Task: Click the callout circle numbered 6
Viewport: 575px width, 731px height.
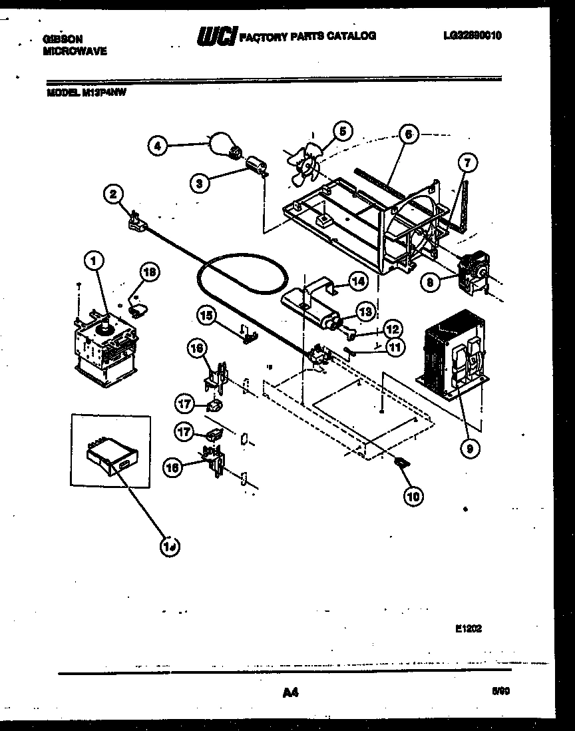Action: tap(409, 134)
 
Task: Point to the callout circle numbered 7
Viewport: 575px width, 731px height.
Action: tap(466, 162)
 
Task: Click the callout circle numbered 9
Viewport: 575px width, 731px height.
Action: tap(469, 449)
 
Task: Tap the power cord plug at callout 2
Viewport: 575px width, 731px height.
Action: tap(135, 222)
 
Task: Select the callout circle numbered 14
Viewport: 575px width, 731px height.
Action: tap(358, 281)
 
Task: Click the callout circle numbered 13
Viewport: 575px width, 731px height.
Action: tap(365, 312)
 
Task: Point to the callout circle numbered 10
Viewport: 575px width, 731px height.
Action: tap(413, 494)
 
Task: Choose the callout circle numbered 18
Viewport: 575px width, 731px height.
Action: tap(150, 271)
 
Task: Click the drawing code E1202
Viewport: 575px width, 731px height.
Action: tap(470, 627)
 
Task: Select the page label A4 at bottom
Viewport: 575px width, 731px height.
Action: tap(289, 693)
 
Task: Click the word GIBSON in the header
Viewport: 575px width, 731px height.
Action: tap(64, 39)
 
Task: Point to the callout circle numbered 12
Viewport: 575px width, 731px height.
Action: tap(393, 328)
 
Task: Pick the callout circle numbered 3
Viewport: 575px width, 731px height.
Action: tap(198, 184)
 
